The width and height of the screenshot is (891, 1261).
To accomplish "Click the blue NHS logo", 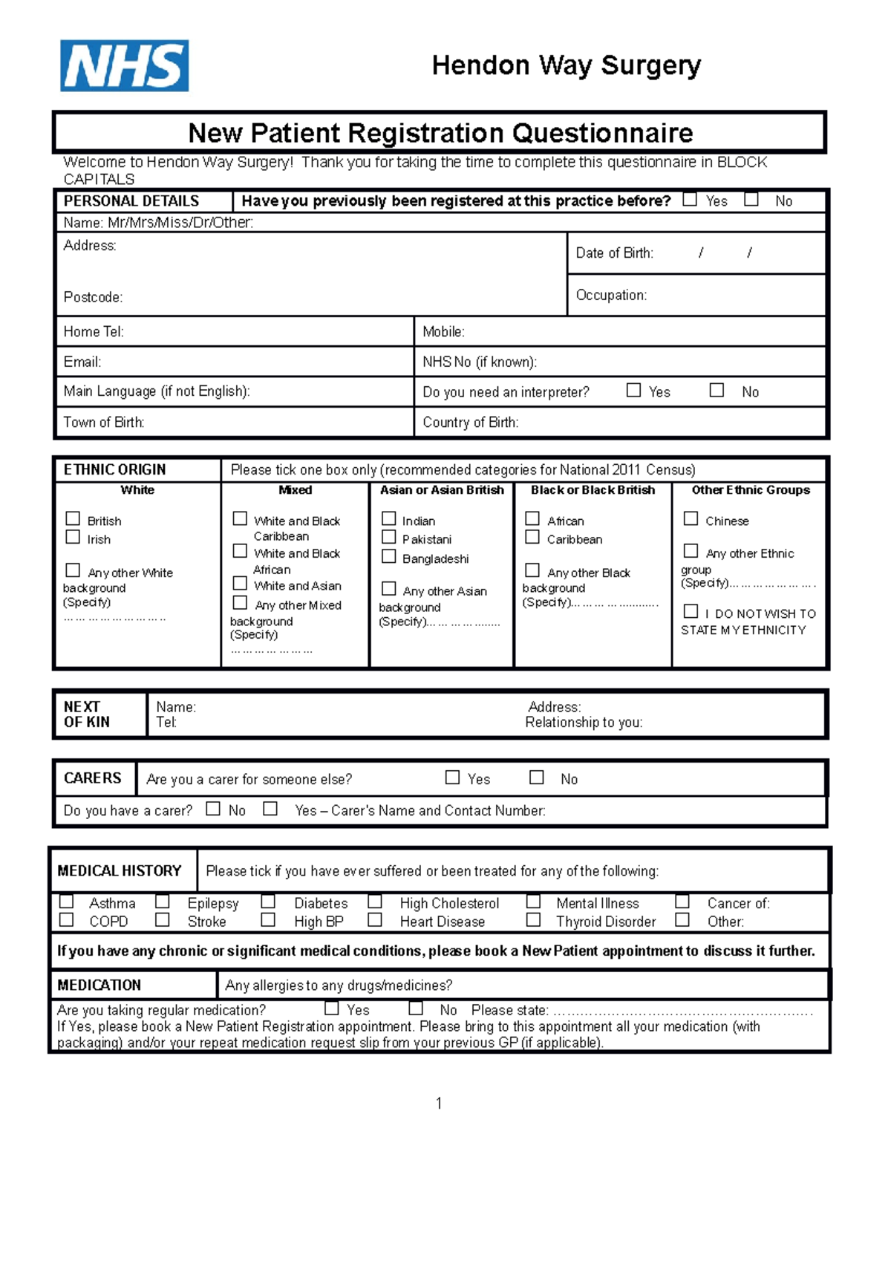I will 125,66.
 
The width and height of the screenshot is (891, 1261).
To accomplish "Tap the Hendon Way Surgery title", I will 566,65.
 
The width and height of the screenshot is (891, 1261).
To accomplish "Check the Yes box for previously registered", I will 690,200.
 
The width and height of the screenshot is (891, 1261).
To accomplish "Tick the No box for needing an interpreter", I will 717,390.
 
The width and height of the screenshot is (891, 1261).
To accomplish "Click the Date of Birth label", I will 614,253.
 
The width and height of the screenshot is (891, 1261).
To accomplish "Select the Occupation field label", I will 611,295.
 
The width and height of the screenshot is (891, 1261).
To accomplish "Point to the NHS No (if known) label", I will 479,362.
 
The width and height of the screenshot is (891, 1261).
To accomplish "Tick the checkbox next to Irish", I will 73,537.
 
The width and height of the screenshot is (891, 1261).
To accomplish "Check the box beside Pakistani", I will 388,537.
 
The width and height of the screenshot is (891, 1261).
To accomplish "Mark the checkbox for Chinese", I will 691,518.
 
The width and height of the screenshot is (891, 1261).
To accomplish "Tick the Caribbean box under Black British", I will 532,537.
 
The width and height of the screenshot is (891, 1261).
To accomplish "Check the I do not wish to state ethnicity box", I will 691,611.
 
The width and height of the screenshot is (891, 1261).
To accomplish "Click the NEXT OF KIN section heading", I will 87,714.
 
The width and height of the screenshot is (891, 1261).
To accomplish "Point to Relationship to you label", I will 584,723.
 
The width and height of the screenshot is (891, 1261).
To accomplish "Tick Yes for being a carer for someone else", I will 452,778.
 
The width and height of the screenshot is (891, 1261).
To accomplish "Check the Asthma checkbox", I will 67,902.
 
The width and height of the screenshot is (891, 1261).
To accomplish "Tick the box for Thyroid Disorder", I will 533,920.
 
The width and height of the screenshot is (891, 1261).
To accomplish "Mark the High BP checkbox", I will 268,920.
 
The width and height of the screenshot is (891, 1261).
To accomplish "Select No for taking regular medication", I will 416,1009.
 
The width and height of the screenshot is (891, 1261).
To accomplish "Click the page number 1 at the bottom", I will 439,1103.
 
